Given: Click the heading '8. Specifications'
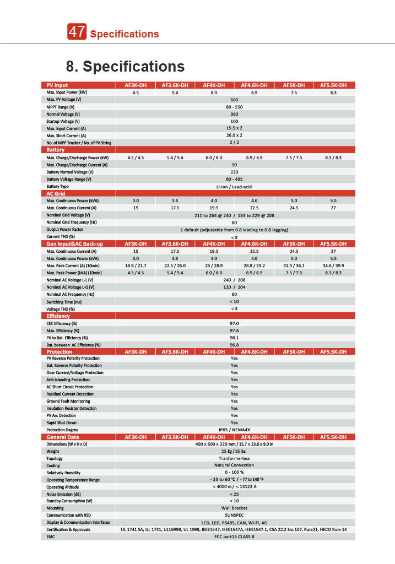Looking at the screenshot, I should [125, 67].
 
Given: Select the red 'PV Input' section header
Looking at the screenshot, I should [57, 85].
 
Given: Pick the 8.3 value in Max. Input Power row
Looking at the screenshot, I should [333, 93].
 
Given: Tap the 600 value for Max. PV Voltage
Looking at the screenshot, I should [234, 100].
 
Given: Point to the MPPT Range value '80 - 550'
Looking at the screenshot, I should [234, 107].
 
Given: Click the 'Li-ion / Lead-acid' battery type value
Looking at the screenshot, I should [234, 187].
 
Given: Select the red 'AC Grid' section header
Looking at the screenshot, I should [56, 194].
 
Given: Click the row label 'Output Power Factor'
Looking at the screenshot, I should [65, 229].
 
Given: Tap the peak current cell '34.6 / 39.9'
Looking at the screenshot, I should [333, 265].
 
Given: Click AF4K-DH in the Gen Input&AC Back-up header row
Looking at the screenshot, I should [214, 243].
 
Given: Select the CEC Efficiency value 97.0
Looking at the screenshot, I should [234, 323].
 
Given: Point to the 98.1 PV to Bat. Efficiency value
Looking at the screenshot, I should [234, 338].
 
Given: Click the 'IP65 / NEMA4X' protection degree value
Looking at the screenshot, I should [234, 430].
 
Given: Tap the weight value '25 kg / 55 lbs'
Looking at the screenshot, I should [234, 451].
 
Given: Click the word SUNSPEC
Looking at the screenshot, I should [234, 515].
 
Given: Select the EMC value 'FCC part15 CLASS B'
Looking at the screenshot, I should [234, 536].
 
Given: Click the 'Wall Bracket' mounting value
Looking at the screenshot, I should [234, 508].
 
